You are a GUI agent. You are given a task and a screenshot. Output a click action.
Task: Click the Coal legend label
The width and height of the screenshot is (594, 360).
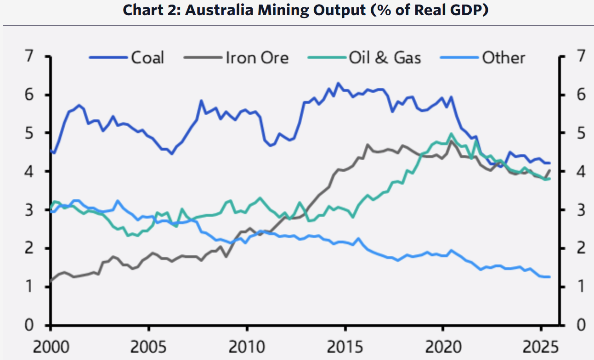147,58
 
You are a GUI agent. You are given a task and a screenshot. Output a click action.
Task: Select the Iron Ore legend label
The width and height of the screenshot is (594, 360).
257,58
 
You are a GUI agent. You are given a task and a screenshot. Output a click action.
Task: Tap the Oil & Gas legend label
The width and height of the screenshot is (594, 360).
385,58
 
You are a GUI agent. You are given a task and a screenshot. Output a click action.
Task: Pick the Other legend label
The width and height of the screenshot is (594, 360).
503,58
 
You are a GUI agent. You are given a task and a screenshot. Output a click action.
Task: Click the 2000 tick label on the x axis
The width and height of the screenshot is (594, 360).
51,345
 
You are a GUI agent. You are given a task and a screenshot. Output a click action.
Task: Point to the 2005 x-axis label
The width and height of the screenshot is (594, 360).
149,345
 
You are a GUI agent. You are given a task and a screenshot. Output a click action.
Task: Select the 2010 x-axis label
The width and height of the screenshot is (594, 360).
247,345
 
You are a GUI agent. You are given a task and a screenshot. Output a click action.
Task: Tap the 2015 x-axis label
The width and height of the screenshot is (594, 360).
345,345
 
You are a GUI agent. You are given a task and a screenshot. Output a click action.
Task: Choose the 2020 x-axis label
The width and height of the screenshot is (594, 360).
442,345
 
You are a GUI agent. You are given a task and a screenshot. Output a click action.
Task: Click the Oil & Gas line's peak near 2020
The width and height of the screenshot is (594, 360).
451,134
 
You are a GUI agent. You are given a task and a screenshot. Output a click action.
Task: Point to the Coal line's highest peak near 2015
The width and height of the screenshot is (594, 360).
338,83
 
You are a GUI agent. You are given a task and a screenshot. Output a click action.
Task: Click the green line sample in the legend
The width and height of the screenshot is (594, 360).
328,58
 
